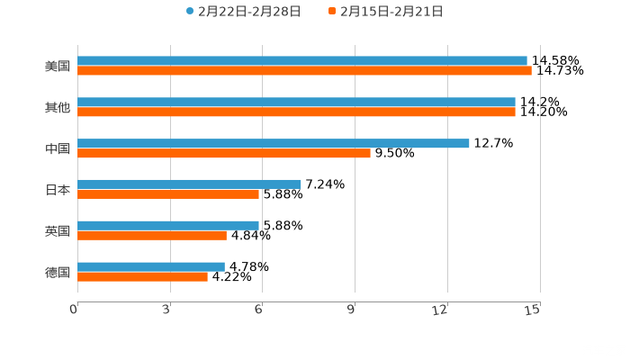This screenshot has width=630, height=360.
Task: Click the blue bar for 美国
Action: click(302, 61)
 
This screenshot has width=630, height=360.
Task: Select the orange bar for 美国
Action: click(304, 71)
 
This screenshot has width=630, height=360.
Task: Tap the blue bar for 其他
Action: click(296, 103)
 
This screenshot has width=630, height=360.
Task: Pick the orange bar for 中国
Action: click(224, 153)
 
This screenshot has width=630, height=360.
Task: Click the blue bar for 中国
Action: click(274, 143)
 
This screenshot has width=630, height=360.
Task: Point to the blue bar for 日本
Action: click(189, 184)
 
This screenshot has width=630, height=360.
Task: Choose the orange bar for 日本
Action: click(168, 194)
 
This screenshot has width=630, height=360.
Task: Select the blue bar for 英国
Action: click(168, 226)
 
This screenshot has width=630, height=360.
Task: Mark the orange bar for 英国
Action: click(152, 236)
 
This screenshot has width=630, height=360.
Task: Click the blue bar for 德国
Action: click(151, 267)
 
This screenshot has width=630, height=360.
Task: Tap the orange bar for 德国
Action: click(142, 277)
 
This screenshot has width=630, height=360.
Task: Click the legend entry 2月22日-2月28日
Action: click(243, 12)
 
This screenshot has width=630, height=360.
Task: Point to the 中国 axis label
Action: click(58, 148)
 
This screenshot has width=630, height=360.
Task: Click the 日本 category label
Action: click(58, 190)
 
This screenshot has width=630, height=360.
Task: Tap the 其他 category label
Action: click(58, 107)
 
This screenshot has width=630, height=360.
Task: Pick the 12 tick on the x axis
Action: click(441, 310)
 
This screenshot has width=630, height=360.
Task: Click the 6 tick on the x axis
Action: click(259, 310)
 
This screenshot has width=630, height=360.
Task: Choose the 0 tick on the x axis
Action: click(75, 310)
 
